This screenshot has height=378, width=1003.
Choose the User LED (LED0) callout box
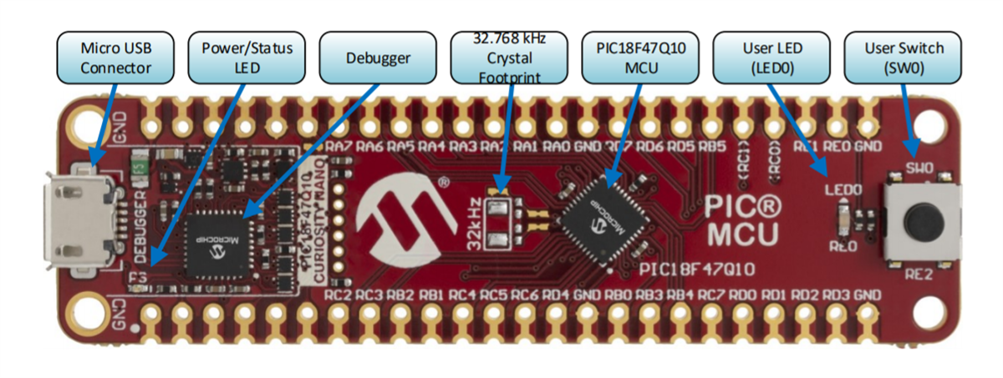pos(771,58)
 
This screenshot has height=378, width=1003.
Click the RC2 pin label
pos(338,295)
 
